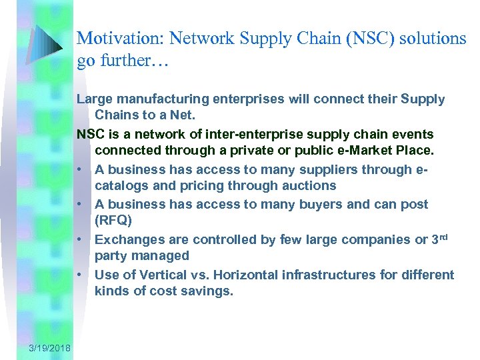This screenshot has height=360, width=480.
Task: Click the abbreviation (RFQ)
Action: (x=114, y=220)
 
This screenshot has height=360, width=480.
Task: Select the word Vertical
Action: (x=157, y=275)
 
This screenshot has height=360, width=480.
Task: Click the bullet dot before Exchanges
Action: (x=79, y=239)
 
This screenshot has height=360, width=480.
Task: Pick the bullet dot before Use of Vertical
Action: (x=79, y=275)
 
